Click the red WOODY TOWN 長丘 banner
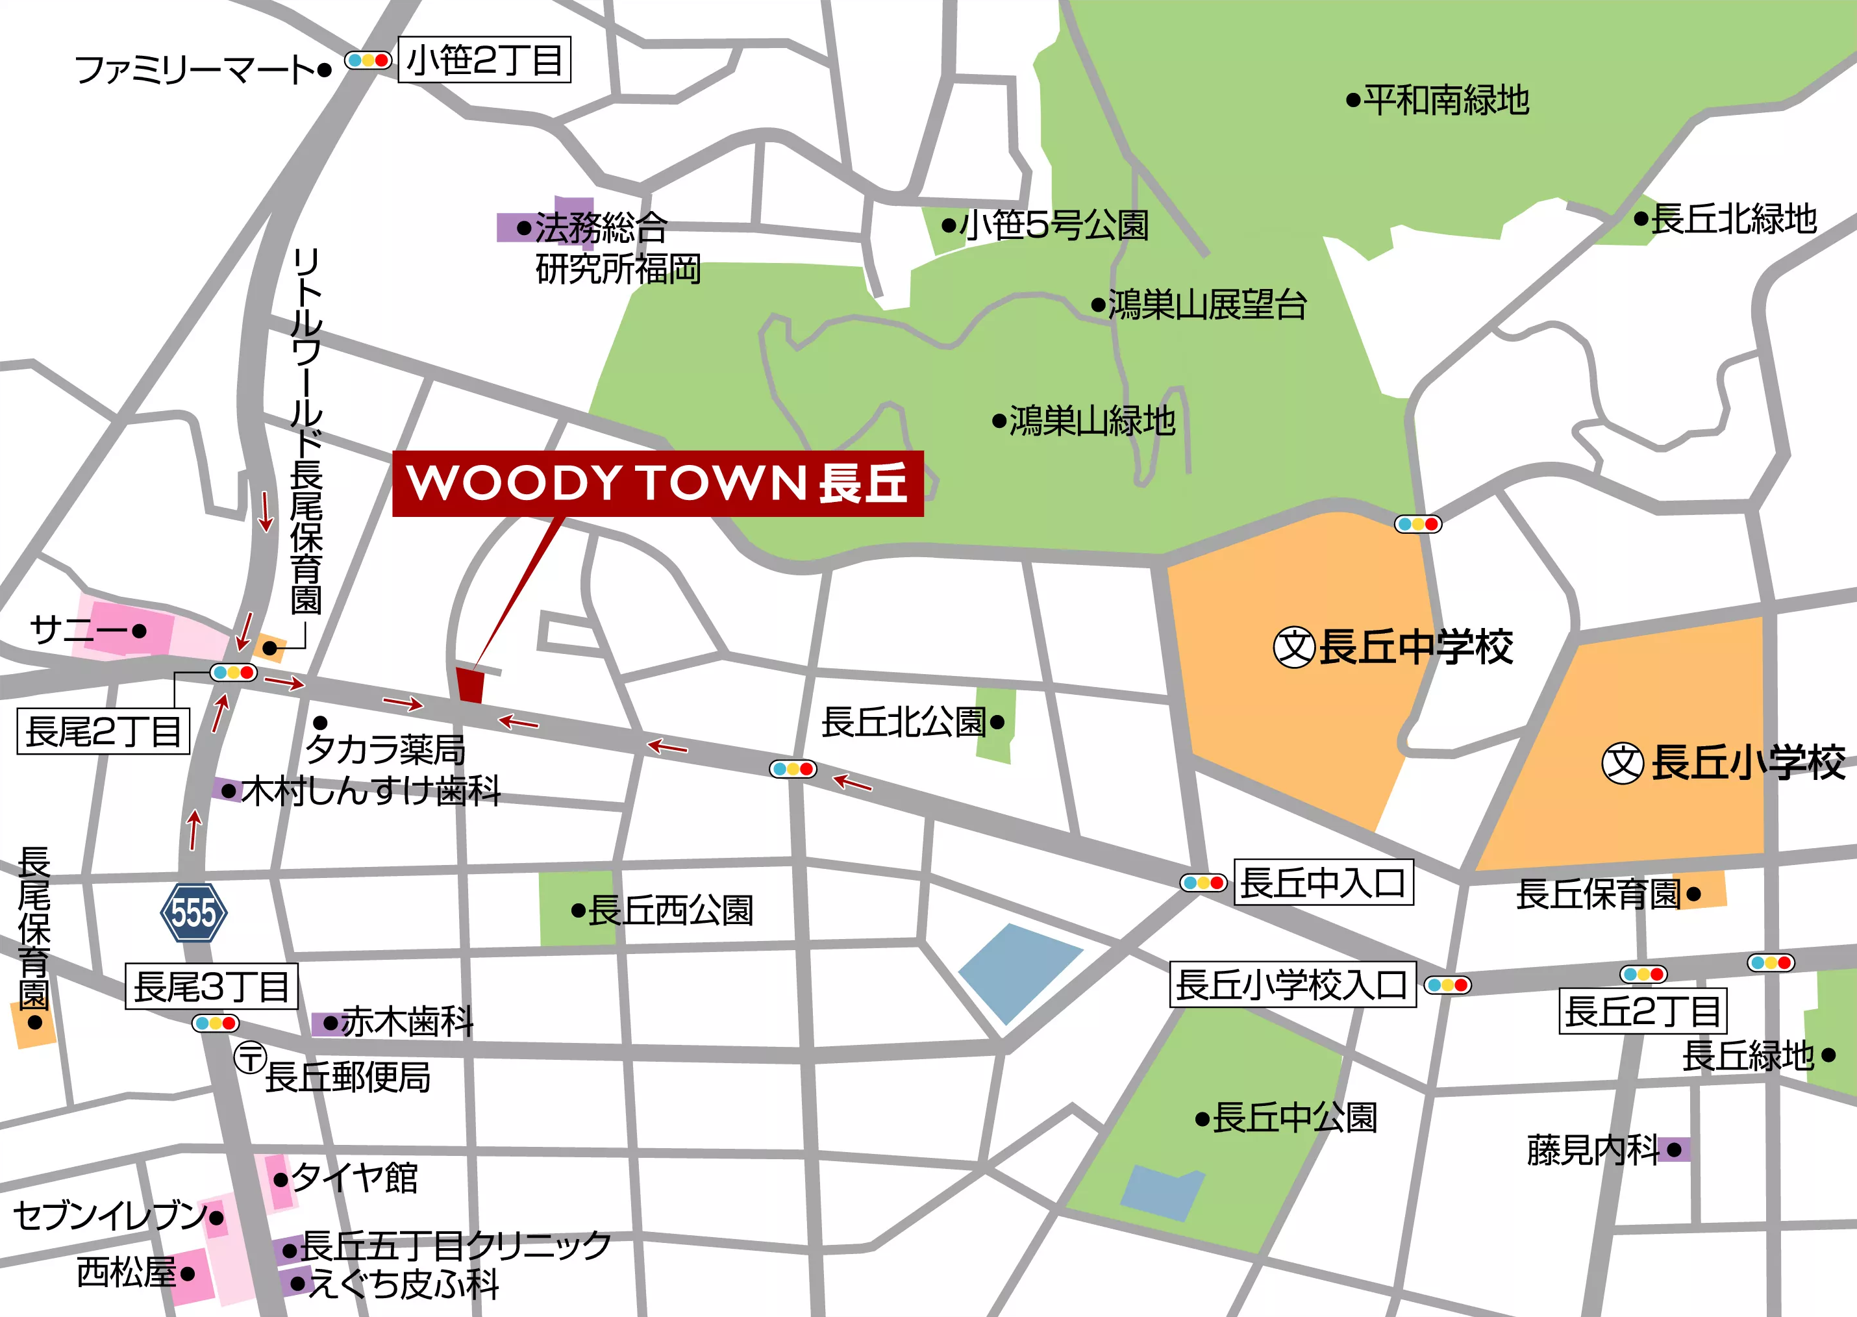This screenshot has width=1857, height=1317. [658, 483]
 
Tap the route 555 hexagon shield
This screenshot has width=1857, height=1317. [193, 912]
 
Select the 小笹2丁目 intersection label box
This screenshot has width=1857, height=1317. [484, 60]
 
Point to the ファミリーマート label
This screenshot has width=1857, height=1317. [195, 69]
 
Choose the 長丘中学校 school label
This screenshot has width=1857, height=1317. [1415, 647]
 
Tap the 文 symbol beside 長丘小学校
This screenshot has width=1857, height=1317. [1623, 763]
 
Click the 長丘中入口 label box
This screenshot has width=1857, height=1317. [1323, 883]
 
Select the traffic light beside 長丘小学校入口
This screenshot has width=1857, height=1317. [1447, 985]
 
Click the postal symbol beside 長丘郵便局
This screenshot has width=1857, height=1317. [251, 1057]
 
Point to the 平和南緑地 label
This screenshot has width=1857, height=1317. [1446, 101]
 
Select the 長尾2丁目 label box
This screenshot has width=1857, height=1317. [103, 731]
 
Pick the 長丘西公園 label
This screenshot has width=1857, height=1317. [671, 910]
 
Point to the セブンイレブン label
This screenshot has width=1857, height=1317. [110, 1216]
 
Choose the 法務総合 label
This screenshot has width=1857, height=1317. [601, 227]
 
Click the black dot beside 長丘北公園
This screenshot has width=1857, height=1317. [997, 721]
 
